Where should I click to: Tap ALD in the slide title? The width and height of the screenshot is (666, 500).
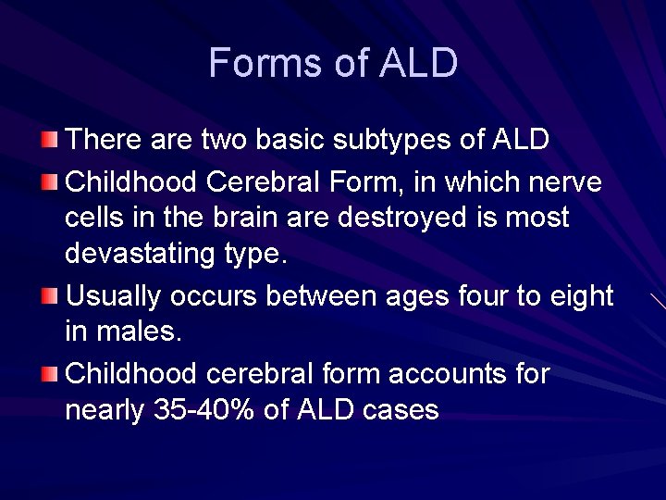pos(418,63)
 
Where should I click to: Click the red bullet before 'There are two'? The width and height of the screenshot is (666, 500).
pos(50,141)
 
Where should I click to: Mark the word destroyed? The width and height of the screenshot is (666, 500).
pos(425,219)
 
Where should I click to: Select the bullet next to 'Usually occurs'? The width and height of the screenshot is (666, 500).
pos(50,297)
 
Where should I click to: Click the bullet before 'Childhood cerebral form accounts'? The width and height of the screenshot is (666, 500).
pos(50,375)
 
